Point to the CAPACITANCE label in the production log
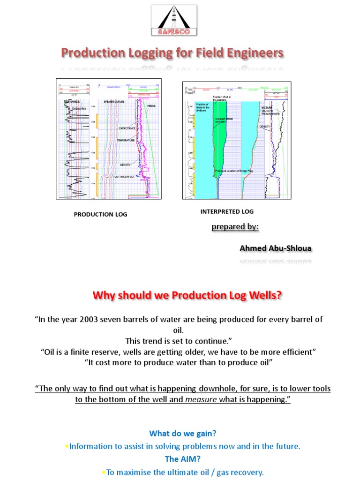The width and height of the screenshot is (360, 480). point(127,128)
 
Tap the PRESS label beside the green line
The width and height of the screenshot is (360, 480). point(151,106)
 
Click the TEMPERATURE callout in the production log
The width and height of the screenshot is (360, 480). point(126,140)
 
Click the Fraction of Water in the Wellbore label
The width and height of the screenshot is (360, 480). point(202,107)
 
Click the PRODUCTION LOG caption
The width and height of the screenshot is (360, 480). point(100,214)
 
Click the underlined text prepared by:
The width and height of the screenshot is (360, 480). point(235,227)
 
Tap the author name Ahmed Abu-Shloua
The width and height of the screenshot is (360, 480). point(275,247)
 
